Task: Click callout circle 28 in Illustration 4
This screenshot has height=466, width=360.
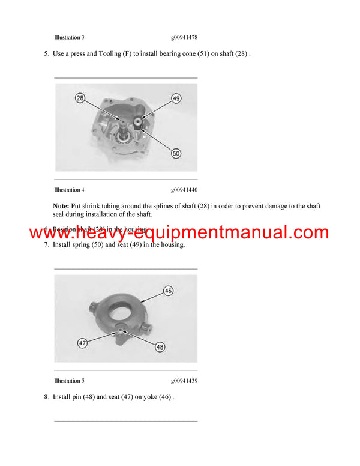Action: [x=80, y=97]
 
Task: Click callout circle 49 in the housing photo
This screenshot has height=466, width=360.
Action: [x=176, y=98]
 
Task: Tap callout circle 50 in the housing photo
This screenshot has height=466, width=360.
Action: [x=176, y=154]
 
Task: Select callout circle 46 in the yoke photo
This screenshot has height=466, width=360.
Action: [x=168, y=291]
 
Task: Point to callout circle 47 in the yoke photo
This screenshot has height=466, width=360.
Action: [x=82, y=343]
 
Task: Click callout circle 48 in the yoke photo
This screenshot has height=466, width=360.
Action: [x=160, y=346]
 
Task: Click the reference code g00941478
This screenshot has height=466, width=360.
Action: [x=184, y=37]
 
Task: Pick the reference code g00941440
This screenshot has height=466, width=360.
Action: [x=184, y=190]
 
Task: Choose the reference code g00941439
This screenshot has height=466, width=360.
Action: [x=184, y=381]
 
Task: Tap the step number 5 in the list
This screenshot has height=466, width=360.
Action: [x=46, y=54]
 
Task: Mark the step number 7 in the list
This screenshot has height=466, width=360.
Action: [x=46, y=245]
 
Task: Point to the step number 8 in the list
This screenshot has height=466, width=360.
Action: [x=46, y=397]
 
